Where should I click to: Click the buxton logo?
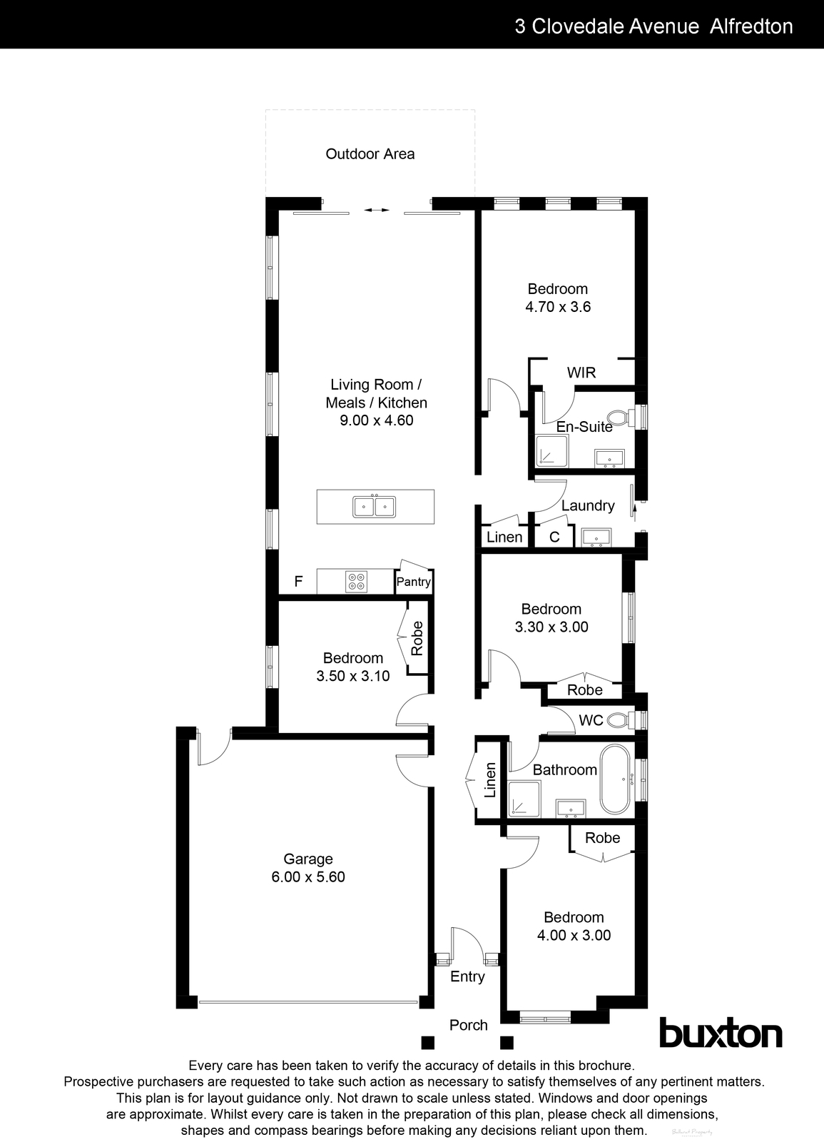(720, 1033)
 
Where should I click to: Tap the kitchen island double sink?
(375, 507)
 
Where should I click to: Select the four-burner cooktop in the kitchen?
(356, 582)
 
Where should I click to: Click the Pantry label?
(414, 582)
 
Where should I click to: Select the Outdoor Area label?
(370, 153)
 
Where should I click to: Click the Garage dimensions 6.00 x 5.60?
(308, 877)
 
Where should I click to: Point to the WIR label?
(581, 373)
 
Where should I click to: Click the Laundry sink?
(594, 537)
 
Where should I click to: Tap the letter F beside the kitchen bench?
(299, 582)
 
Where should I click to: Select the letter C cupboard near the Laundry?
(554, 537)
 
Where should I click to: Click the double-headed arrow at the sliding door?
(376, 210)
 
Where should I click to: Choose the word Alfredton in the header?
(753, 26)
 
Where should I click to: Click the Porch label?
(469, 1025)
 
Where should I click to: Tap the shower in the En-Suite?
(552, 451)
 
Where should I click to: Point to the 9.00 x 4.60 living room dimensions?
(376, 420)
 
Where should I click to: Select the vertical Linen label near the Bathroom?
(490, 780)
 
